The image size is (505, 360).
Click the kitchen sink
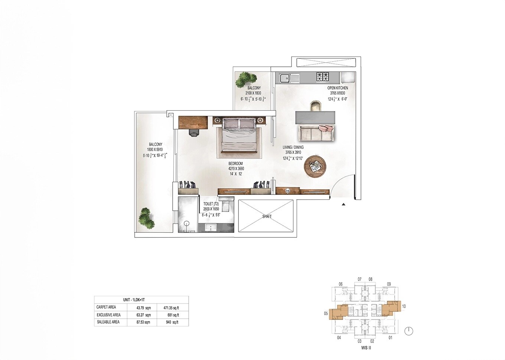tap(285, 78)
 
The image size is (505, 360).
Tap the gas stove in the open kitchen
tap(322, 77)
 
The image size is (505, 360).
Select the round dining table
tap(315, 166)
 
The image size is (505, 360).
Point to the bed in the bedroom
tap(239, 135)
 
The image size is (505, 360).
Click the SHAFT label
tap(267, 216)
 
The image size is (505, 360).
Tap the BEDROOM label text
tap(236, 164)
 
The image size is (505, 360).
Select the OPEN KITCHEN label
tap(338, 88)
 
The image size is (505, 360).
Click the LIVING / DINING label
tap(293, 147)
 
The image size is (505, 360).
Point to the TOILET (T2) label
tap(211, 204)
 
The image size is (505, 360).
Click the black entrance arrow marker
tap(343, 204)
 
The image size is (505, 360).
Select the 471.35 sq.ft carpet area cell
tap(171, 307)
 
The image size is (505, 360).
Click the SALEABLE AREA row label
tap(108, 322)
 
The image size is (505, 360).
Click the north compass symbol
tap(408, 331)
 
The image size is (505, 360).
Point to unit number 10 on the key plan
tap(404, 307)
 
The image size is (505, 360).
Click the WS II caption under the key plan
tap(366, 348)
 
